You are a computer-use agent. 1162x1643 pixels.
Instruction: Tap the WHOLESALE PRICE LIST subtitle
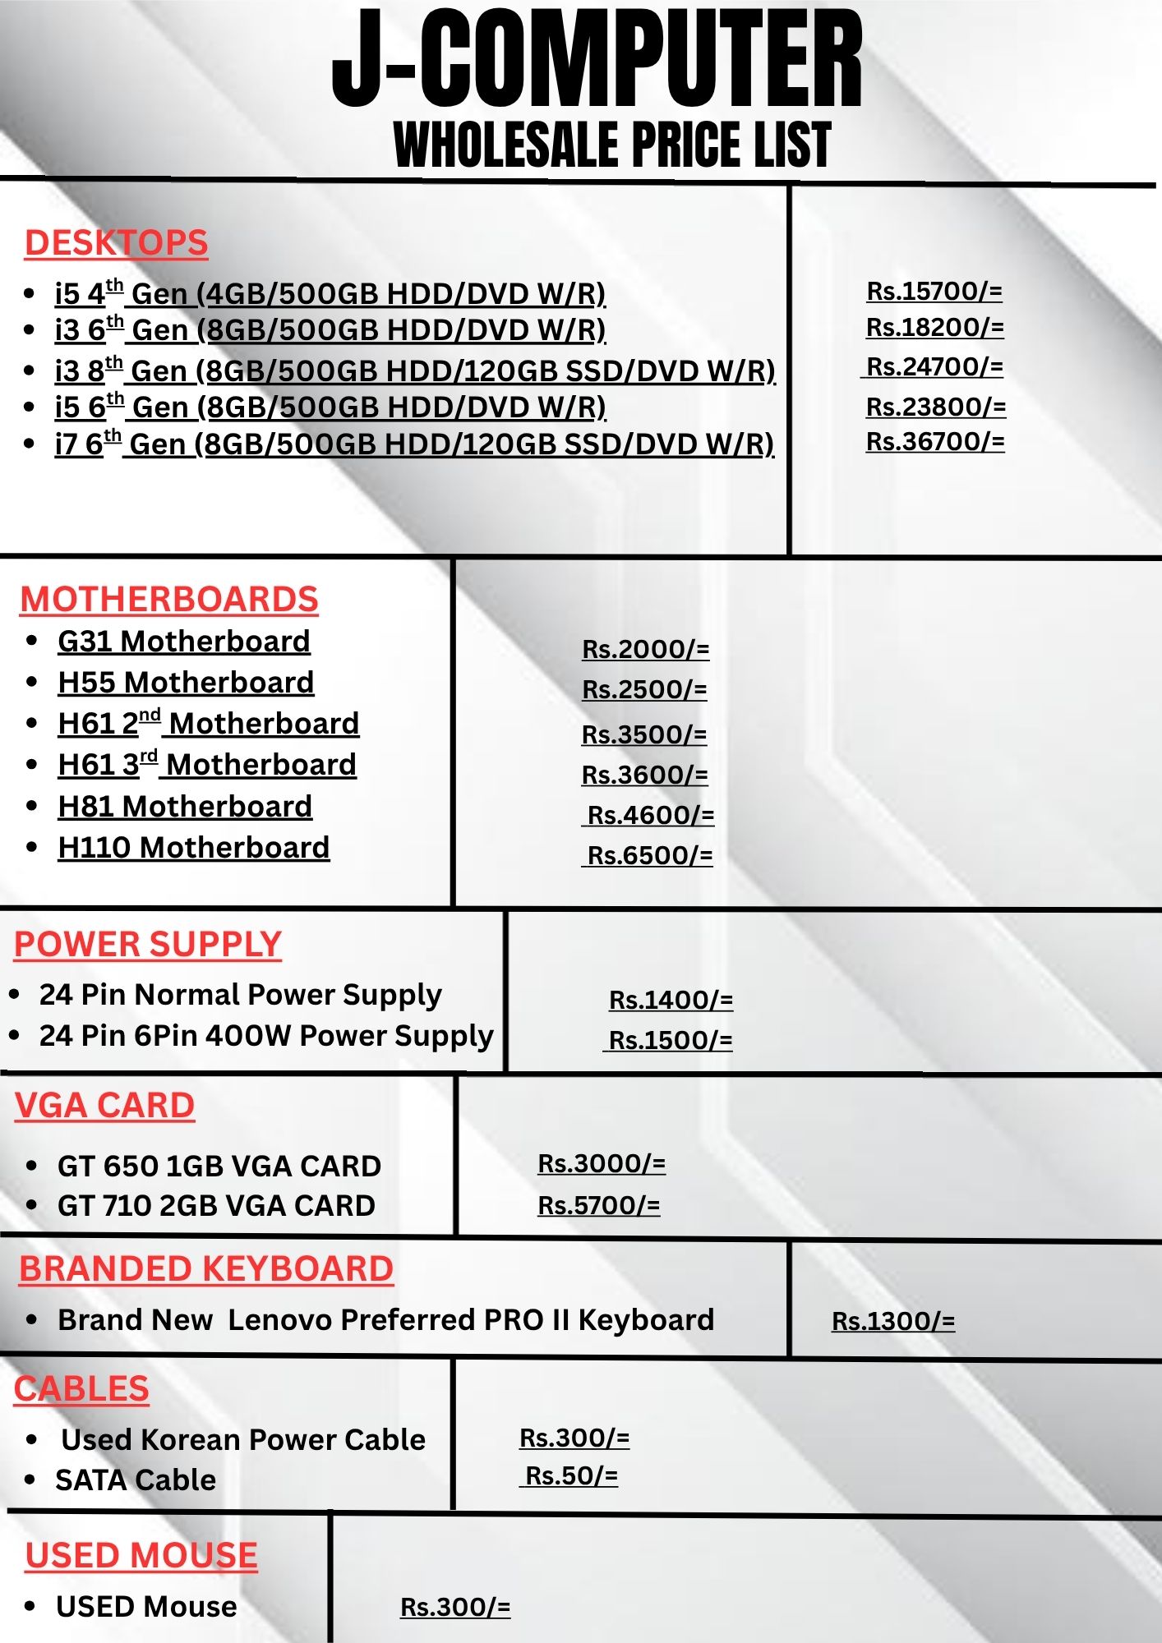612,145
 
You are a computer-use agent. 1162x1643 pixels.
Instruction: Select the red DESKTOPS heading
116,243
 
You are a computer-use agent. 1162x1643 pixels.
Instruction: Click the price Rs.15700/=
934,291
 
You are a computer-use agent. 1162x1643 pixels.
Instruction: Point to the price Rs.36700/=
935,441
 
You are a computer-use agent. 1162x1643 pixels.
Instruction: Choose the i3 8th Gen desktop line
415,370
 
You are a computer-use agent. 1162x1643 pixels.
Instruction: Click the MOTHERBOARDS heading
169,600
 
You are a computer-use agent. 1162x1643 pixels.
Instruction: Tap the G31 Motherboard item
184,642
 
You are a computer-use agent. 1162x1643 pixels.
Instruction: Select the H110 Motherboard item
194,847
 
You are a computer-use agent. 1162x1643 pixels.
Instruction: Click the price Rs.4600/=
650,815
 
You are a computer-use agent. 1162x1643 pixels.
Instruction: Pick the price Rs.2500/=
644,689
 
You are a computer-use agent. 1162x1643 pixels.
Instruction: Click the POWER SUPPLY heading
148,945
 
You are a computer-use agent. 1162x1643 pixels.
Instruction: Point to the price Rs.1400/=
671,1000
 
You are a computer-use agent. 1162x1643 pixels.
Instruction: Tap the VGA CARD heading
104,1106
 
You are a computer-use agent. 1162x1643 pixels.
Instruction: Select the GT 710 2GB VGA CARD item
216,1205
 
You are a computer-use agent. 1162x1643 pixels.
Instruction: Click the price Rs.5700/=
598,1205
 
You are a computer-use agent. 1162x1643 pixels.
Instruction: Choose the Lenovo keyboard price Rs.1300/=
893,1321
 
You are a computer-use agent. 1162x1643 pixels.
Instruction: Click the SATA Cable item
136,1480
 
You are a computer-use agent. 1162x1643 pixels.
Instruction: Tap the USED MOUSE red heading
141,1556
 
